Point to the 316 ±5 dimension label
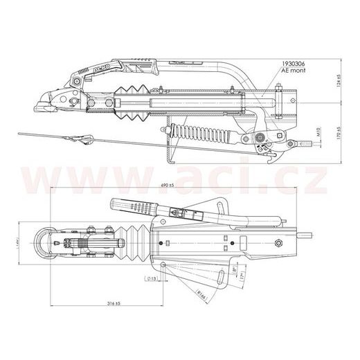pyautogui.click(x=109, y=303)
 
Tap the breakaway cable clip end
pyautogui.click(x=87, y=141)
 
